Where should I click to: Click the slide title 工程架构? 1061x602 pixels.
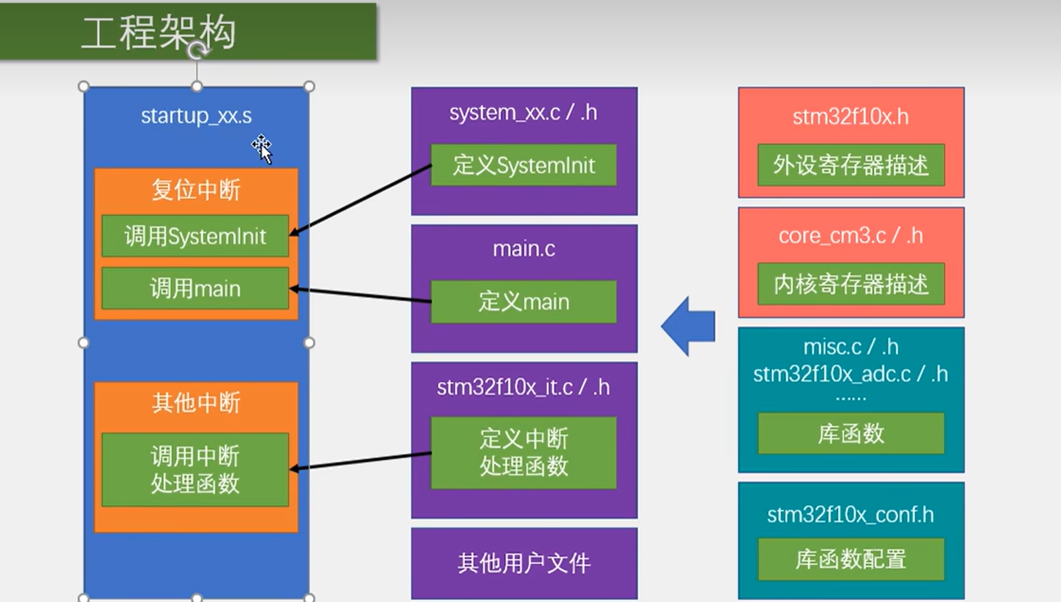(x=159, y=32)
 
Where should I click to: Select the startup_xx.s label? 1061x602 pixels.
(x=196, y=115)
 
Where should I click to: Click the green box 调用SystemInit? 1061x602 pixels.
(x=195, y=236)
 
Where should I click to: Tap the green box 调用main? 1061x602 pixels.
(x=195, y=289)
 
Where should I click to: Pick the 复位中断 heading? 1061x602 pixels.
(x=195, y=190)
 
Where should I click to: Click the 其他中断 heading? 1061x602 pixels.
(x=195, y=402)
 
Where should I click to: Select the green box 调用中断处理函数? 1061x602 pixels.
(x=195, y=469)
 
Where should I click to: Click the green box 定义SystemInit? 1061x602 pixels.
(x=523, y=165)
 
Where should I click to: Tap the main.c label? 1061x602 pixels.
(x=523, y=248)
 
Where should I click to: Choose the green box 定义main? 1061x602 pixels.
(x=523, y=301)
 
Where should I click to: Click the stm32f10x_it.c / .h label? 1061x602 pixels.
(x=523, y=387)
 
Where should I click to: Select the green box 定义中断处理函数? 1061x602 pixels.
(x=523, y=452)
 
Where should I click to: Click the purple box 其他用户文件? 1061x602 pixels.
(x=523, y=563)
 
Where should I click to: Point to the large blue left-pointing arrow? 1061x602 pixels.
(x=689, y=326)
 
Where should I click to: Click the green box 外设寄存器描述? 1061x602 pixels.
(x=851, y=165)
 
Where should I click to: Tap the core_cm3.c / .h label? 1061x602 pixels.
(x=851, y=236)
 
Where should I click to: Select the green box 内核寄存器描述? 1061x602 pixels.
(x=851, y=284)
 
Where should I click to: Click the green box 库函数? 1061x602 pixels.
(x=851, y=433)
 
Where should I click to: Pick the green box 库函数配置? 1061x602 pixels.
(x=851, y=559)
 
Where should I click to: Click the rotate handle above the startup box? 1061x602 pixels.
(x=197, y=51)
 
